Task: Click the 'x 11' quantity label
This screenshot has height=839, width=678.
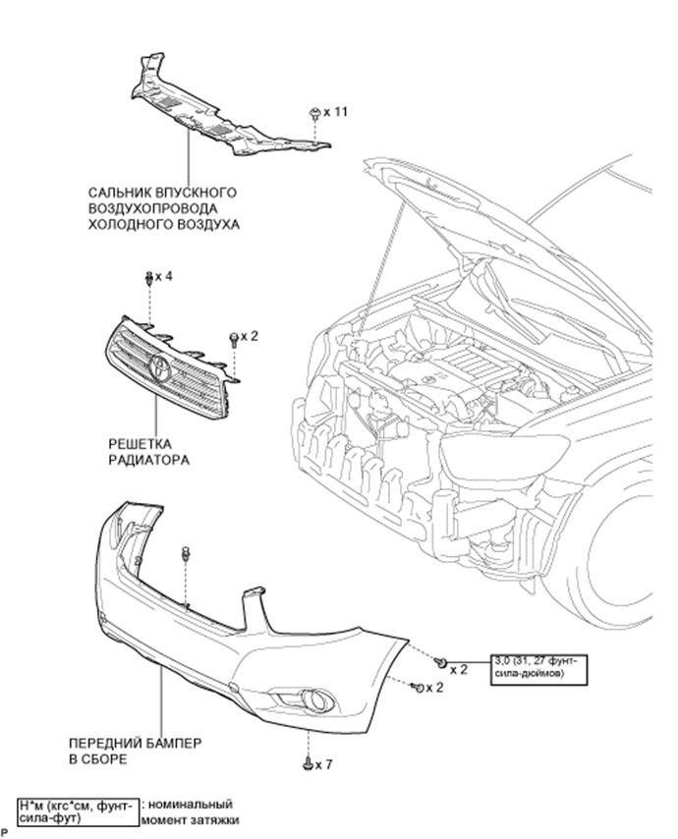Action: pos(335,112)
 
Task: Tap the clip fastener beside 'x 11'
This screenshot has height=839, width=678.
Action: pos(314,114)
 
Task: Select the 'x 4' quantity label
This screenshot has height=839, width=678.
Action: pos(164,277)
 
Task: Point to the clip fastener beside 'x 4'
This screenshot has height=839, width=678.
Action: pos(148,277)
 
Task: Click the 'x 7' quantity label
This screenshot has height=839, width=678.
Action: pos(323,764)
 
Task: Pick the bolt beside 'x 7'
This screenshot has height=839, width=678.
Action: pos(308,763)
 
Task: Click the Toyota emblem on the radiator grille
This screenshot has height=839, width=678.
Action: pos(159,368)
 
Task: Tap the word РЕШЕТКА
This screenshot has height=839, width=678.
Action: pos(141,444)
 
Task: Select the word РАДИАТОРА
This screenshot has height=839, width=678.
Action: pos(148,460)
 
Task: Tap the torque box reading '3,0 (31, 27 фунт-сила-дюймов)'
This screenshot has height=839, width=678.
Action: pos(537,669)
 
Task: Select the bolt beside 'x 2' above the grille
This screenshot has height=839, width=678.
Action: pos(234,340)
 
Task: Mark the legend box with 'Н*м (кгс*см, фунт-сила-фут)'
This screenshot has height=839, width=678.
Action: pos(79,811)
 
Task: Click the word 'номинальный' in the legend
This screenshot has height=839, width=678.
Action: pos(191,805)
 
